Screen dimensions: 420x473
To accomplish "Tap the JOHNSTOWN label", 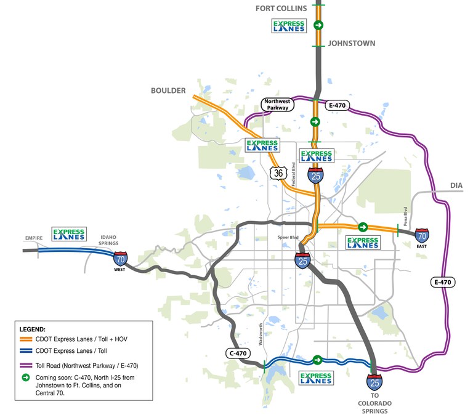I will (351, 44).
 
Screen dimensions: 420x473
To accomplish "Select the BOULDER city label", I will (168, 91).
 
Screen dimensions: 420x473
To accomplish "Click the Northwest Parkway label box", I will (278, 105).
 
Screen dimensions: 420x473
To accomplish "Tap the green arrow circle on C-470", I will (317, 360).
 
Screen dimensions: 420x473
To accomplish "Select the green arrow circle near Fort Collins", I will (318, 25).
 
